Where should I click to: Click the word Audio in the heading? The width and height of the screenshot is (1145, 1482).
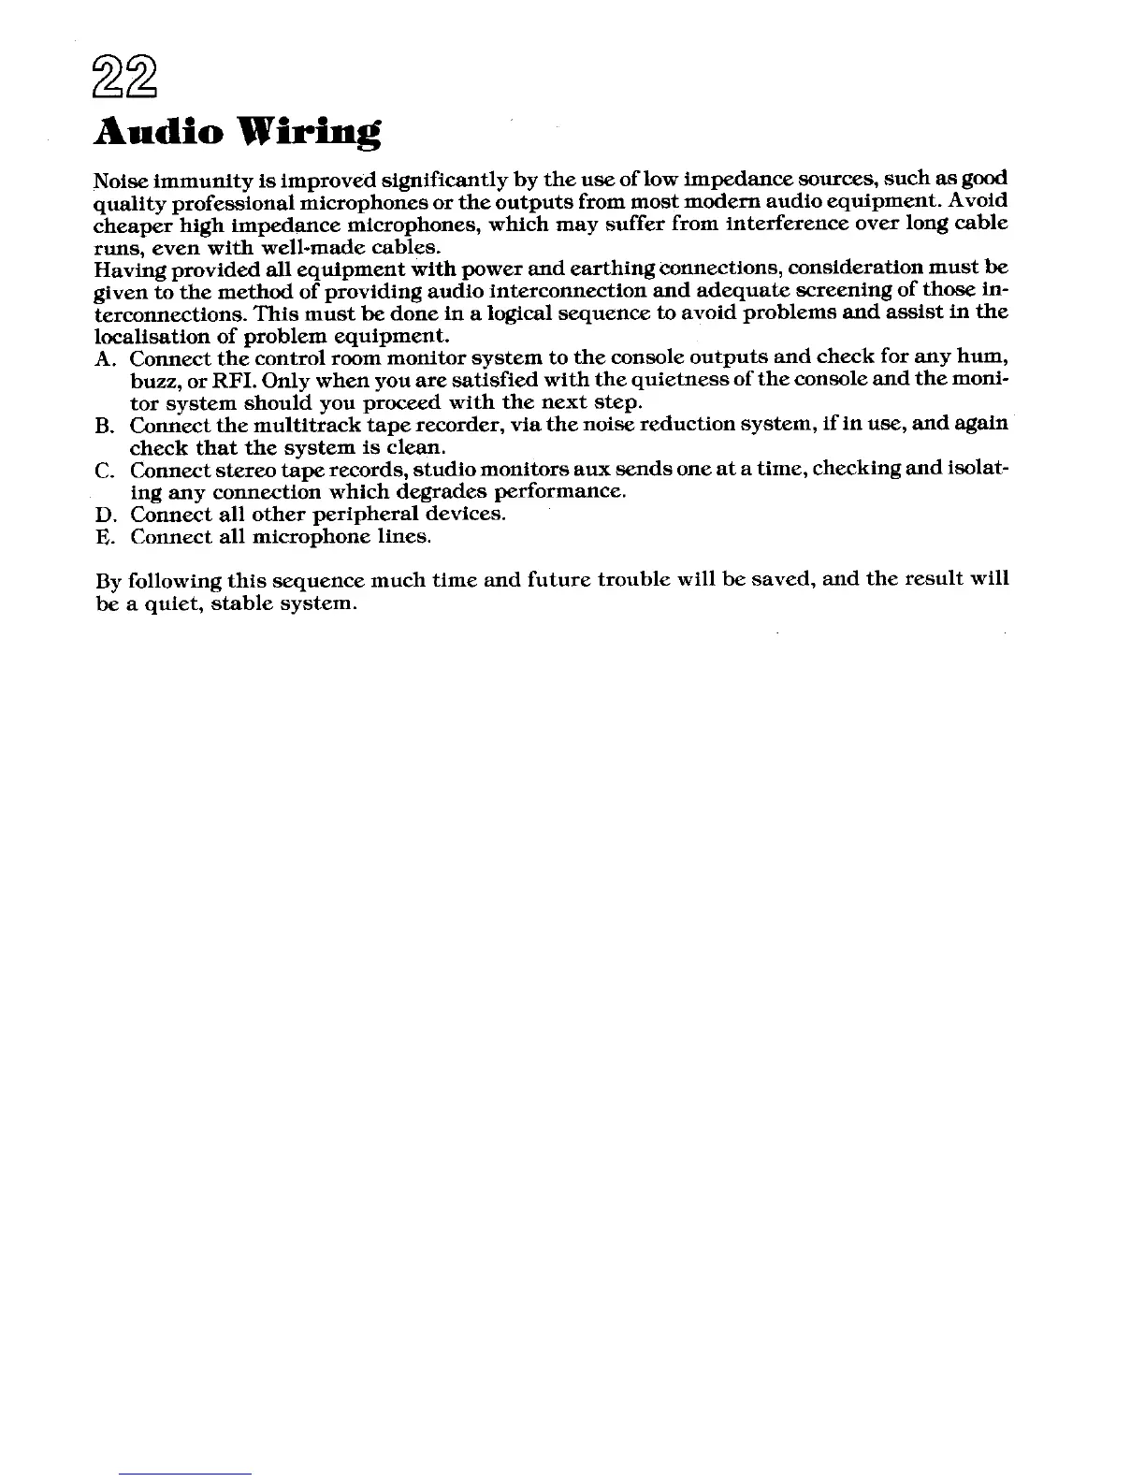coord(158,133)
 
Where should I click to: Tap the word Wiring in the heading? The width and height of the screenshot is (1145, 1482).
coord(307,134)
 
